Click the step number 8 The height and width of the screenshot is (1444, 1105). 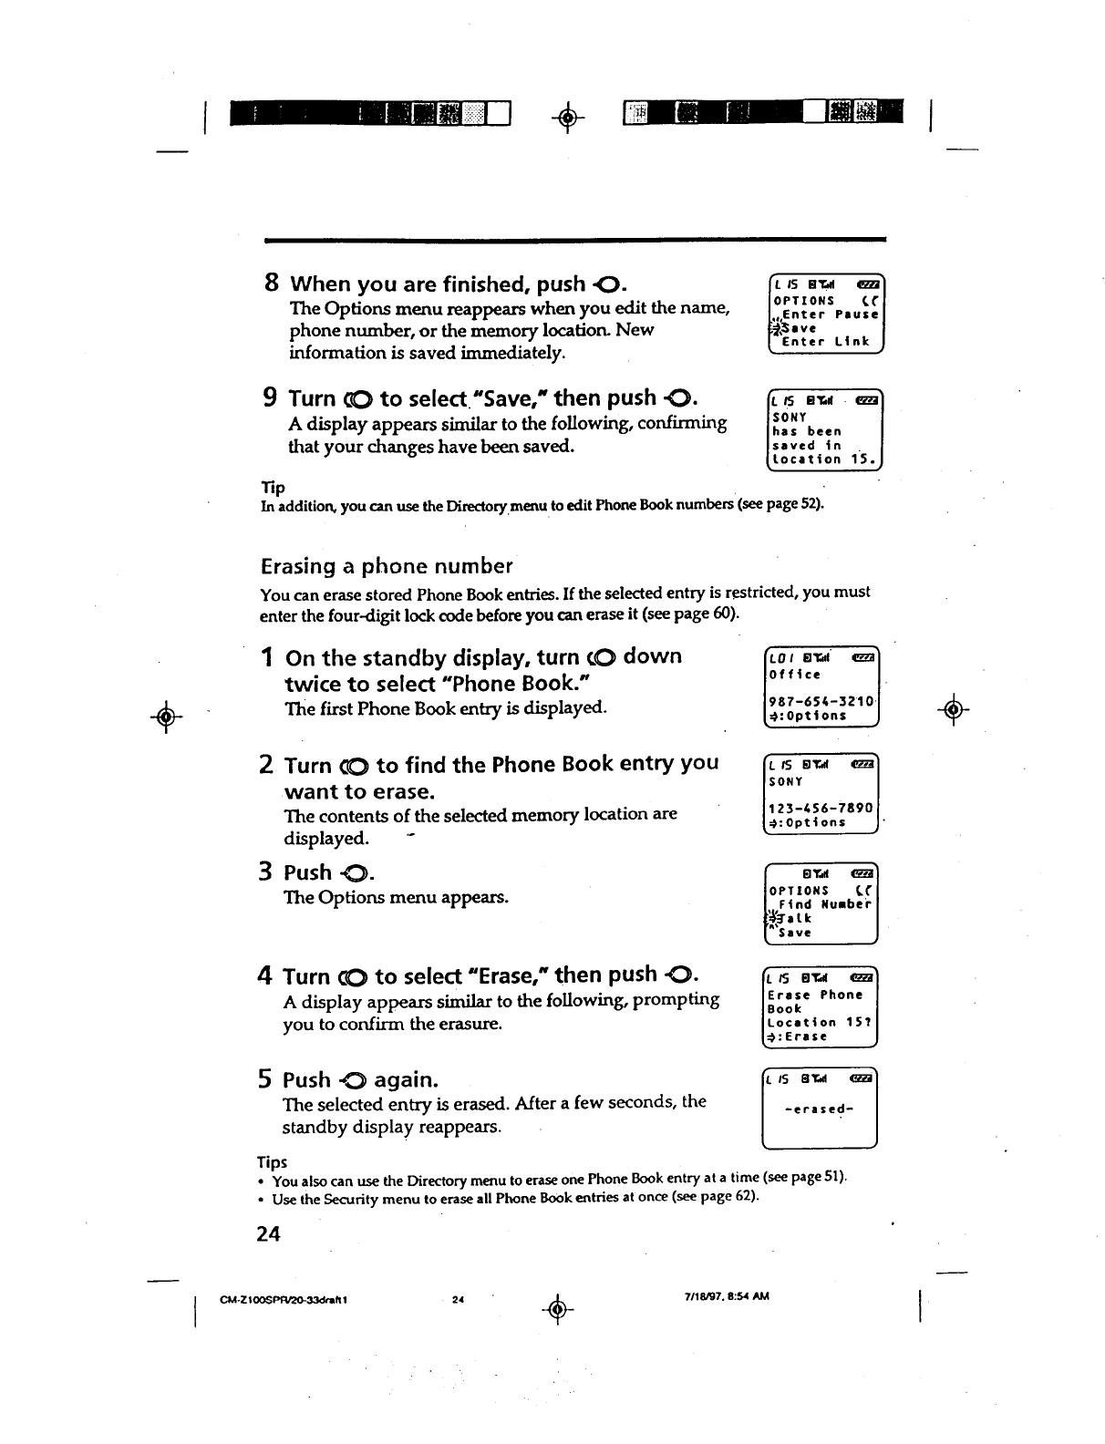tap(271, 283)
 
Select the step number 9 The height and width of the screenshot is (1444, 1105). tap(271, 397)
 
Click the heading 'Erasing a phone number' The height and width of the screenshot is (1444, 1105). tap(387, 566)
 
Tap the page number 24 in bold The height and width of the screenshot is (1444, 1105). tap(268, 1233)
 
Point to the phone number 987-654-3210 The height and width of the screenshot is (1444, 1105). tap(821, 701)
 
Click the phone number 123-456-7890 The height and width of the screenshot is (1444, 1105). tap(821, 808)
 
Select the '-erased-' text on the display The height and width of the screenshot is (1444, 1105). tap(819, 1109)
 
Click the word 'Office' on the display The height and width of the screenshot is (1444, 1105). tap(795, 675)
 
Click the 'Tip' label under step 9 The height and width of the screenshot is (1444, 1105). tap(273, 488)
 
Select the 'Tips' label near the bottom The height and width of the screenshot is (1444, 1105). tap(272, 1162)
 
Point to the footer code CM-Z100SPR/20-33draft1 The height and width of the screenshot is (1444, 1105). tap(283, 1297)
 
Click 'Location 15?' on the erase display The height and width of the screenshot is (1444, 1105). tap(820, 1022)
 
